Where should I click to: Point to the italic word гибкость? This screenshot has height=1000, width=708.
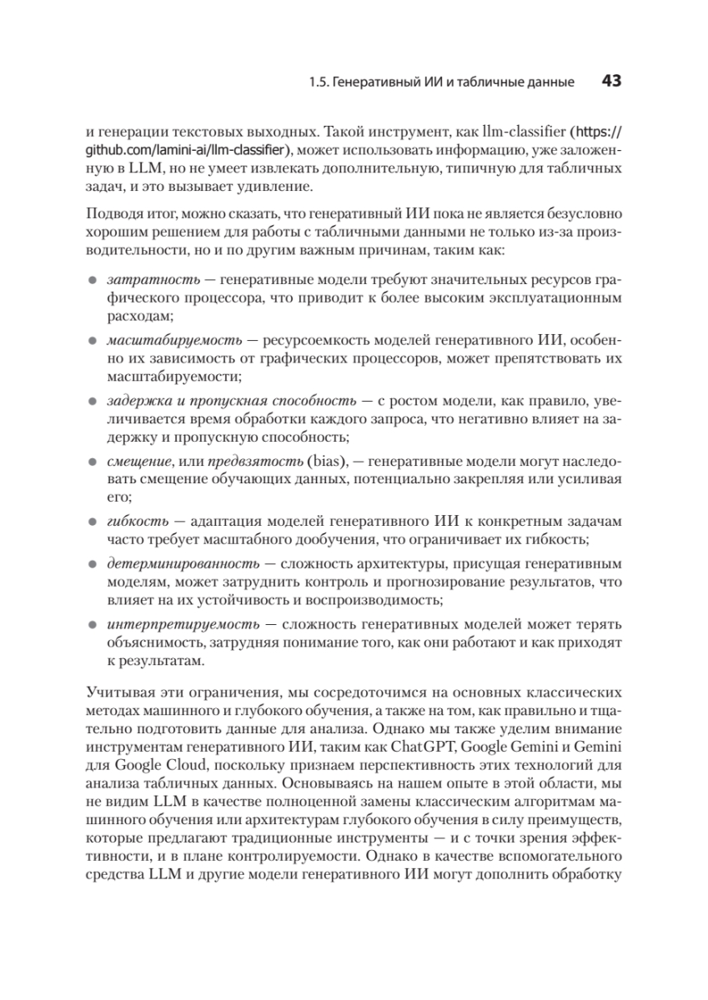pos(132,521)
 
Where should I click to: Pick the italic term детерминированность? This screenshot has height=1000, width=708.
pos(179,563)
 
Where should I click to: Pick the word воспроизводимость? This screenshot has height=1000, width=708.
pos(378,600)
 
